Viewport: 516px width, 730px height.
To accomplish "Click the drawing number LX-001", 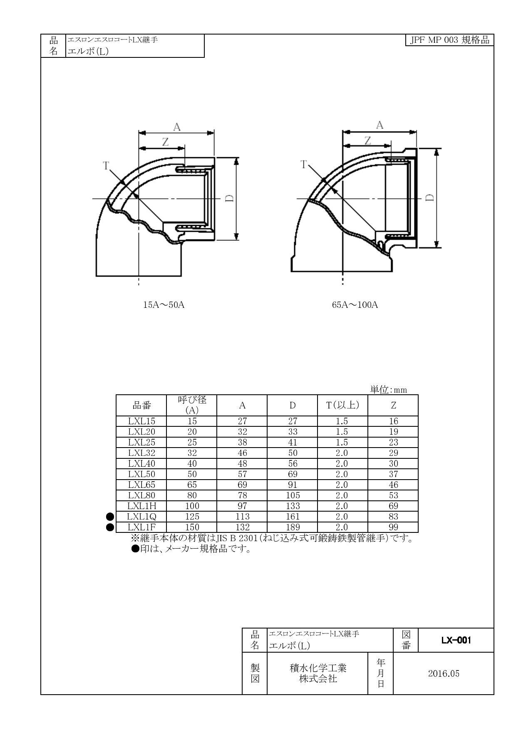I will [456, 640].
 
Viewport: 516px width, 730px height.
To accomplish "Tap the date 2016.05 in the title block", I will [444, 673].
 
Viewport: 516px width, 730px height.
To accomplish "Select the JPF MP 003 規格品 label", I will [449, 40].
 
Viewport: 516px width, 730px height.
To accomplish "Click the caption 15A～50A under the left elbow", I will [164, 304].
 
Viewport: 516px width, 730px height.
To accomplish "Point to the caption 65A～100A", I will [355, 304].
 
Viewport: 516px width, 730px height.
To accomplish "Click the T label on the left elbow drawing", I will [106, 166].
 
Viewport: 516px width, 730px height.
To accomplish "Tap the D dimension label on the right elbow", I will [430, 198].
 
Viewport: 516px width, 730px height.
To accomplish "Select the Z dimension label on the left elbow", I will [165, 142].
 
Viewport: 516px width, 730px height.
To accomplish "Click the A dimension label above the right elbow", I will [379, 125].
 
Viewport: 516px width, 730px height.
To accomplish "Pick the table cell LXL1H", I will [141, 506].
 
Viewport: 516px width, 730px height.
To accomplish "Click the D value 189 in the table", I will [293, 527].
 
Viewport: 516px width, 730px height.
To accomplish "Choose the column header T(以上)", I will [342, 405].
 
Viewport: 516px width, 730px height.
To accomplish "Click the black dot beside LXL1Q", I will [110, 517].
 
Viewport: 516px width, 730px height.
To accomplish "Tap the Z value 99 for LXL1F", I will [393, 527].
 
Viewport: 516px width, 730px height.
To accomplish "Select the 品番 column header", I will [141, 405].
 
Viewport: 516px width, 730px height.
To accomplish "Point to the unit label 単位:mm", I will [388, 390].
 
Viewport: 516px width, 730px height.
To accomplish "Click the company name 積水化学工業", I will [318, 668].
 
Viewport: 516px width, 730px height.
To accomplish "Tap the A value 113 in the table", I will [242, 517].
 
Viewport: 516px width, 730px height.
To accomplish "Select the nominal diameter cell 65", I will [191, 485].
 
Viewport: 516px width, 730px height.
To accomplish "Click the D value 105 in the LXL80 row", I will [293, 495].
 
